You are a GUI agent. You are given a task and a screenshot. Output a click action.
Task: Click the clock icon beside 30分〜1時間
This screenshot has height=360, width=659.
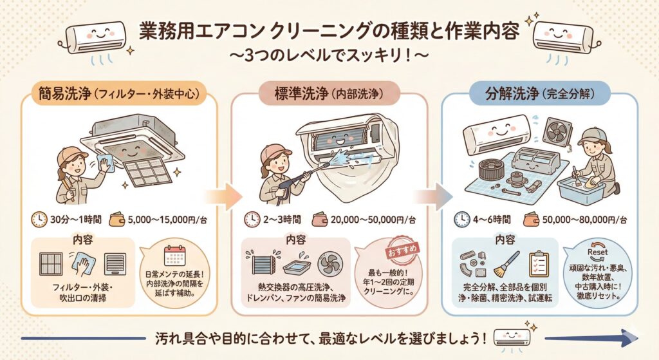[39, 219]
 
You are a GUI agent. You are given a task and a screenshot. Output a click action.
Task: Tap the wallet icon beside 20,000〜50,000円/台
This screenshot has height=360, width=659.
[317, 219]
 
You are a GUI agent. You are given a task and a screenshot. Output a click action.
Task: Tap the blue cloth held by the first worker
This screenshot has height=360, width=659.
[90, 155]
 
